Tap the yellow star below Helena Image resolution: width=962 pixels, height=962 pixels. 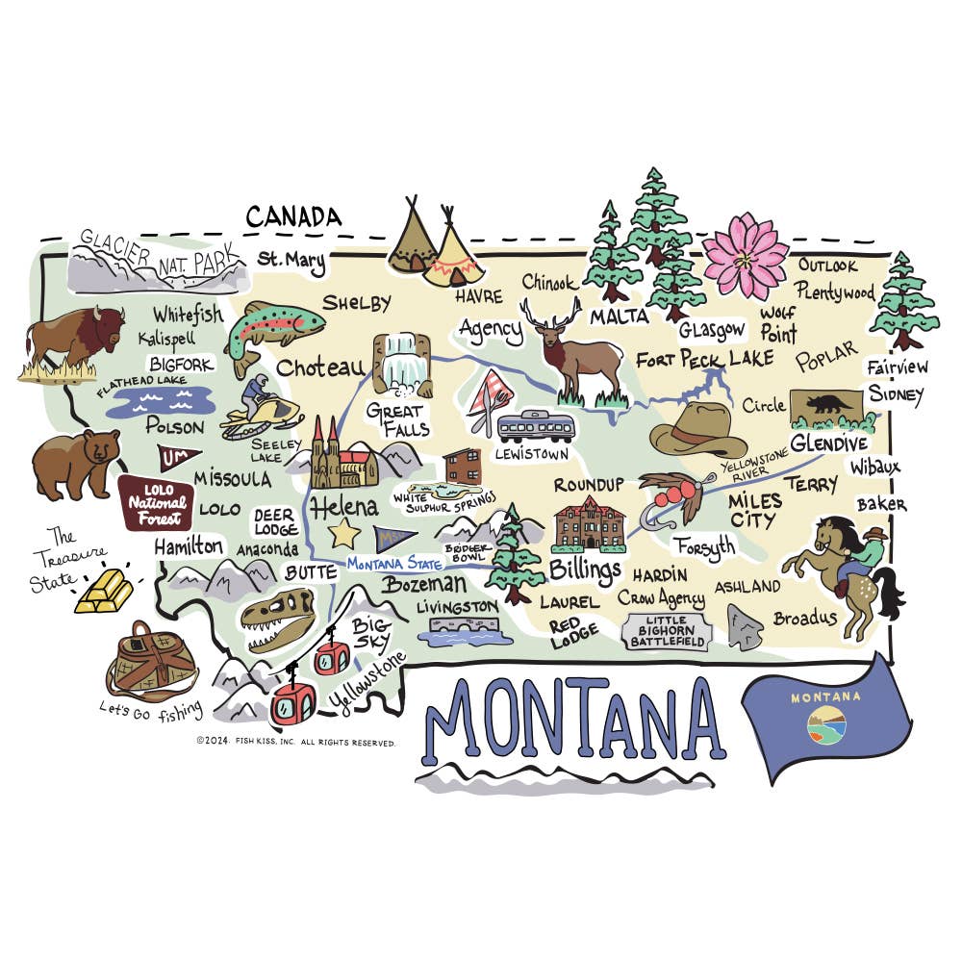(344, 532)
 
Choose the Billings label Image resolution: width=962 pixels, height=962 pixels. (585, 570)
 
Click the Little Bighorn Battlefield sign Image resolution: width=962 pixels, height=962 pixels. (666, 631)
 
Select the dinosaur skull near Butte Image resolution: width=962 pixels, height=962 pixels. (278, 617)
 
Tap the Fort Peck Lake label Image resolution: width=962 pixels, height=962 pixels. (705, 360)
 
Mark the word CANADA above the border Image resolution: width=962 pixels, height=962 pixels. (293, 216)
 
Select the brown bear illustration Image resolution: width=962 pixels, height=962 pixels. (75, 463)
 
